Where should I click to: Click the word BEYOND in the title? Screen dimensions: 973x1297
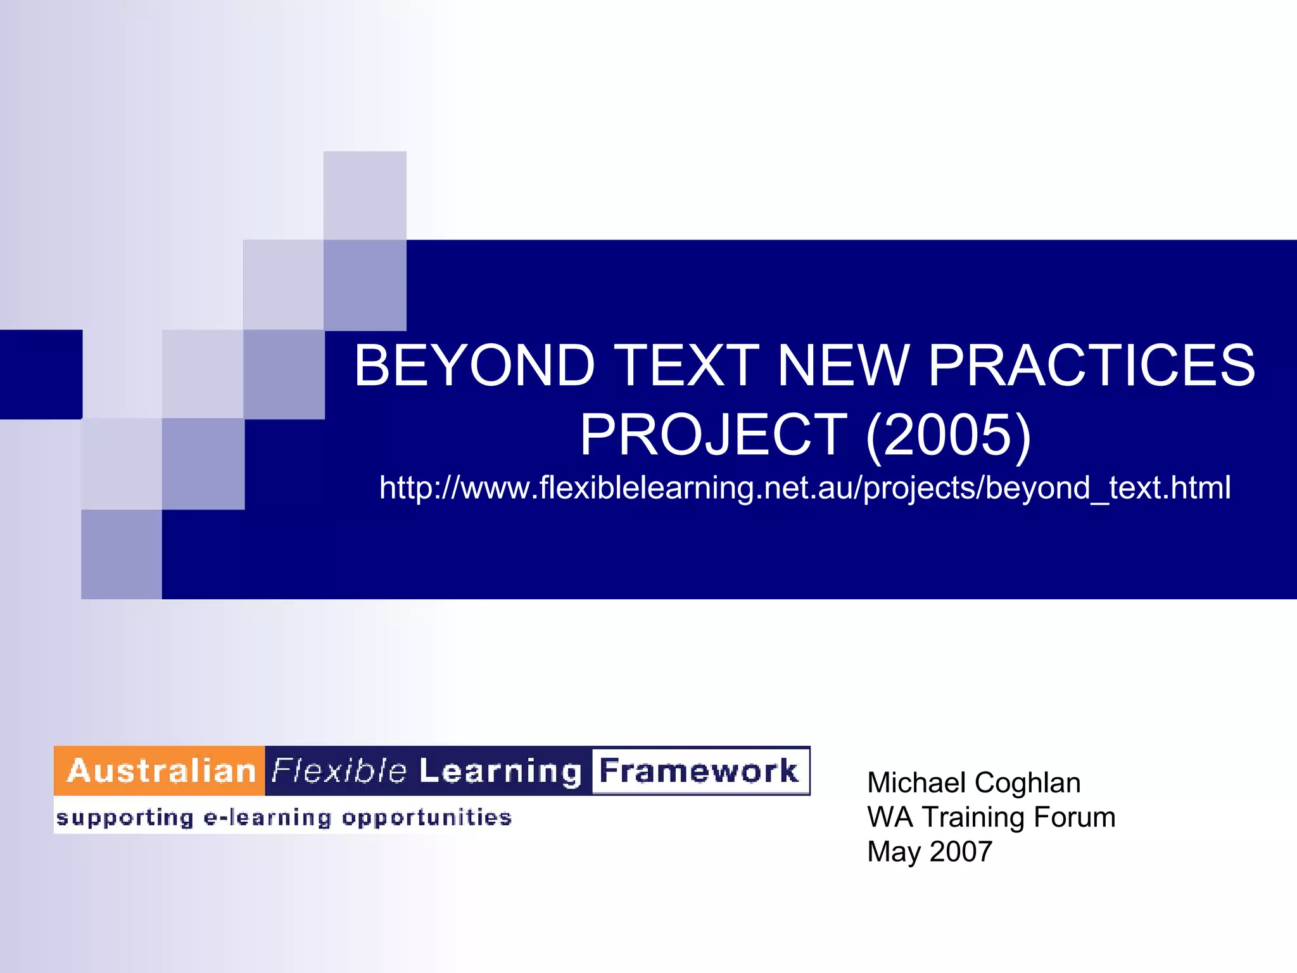[x=474, y=366]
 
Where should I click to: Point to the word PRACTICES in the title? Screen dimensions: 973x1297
[x=1091, y=366]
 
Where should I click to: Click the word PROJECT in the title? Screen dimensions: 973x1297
[x=714, y=435]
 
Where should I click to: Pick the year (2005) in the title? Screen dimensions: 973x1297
[x=948, y=435]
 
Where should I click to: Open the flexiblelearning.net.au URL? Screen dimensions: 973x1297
[x=805, y=488]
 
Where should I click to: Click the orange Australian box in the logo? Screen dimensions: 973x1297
[x=160, y=771]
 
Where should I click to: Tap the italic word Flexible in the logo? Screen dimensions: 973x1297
[x=339, y=771]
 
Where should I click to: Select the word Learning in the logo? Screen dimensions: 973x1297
[x=500, y=771]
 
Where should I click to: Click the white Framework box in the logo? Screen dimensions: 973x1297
[x=699, y=771]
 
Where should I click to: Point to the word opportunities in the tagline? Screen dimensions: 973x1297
[x=426, y=818]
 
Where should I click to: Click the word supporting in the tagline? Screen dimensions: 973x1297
[x=125, y=818]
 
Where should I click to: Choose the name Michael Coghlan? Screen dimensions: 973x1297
[x=973, y=783]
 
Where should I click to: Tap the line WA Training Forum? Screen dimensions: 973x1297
[x=991, y=817]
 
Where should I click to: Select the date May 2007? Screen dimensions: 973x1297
[x=929, y=852]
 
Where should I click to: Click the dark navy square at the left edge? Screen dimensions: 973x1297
[x=41, y=374]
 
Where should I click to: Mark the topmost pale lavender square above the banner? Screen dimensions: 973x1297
[x=365, y=195]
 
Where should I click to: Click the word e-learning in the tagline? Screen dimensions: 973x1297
[x=267, y=818]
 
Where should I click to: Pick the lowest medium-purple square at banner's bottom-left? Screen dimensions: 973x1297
[x=121, y=554]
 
